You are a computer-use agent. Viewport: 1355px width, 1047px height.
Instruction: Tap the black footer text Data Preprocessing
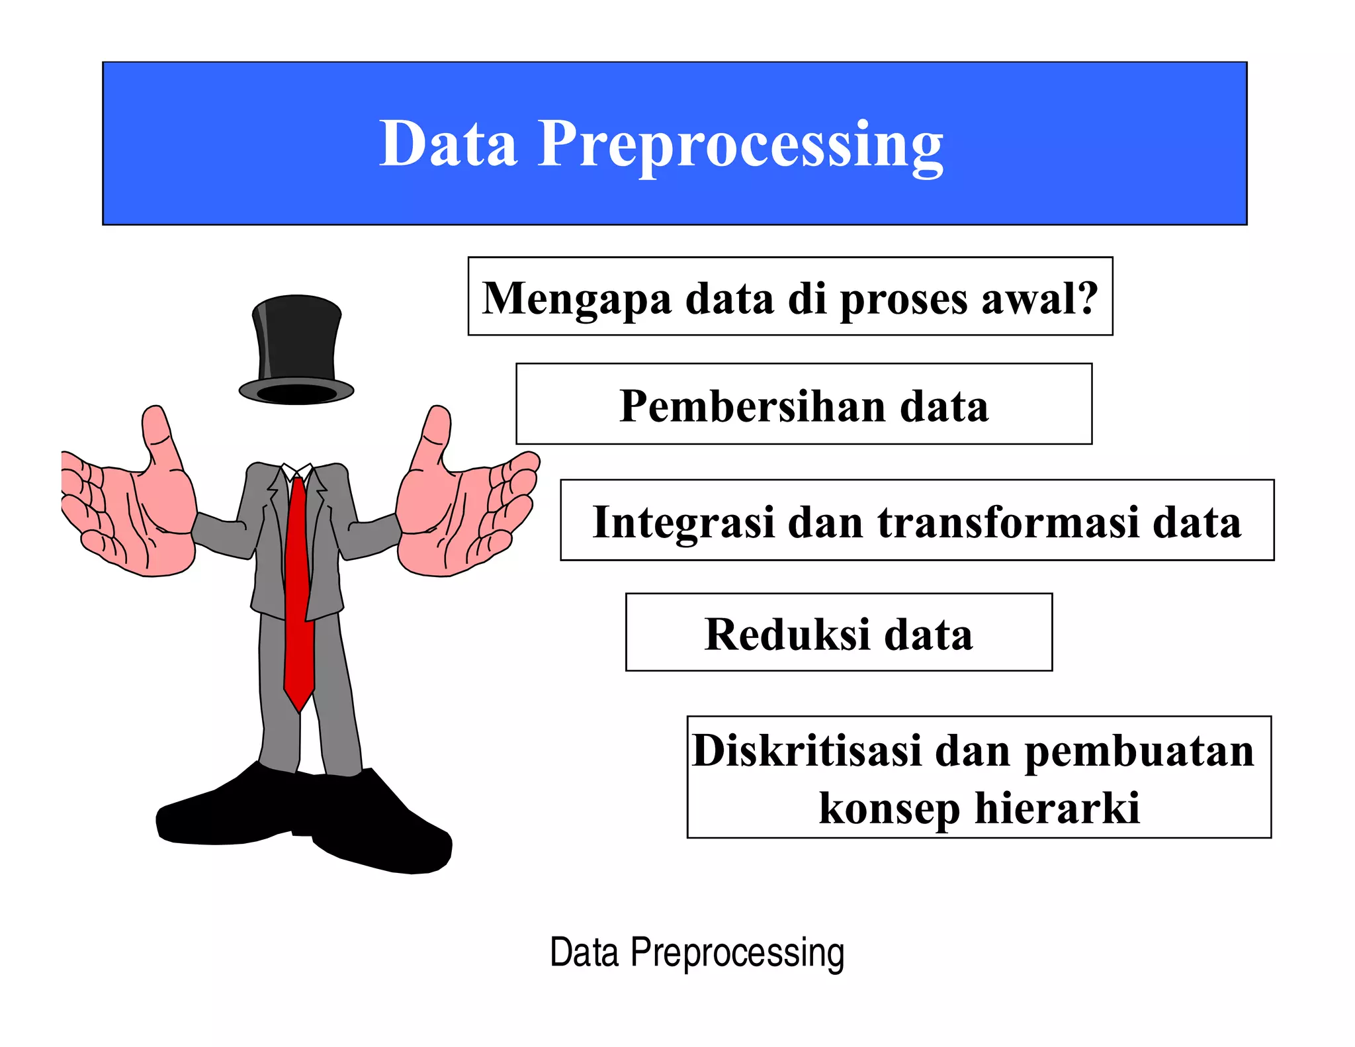[697, 953]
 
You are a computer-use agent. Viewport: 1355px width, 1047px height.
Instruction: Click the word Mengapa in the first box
[576, 299]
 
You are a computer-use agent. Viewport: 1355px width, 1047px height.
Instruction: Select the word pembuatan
[1139, 752]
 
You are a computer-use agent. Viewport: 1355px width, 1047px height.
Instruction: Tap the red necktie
[298, 589]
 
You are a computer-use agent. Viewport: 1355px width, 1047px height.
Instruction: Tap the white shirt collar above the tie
[297, 471]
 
